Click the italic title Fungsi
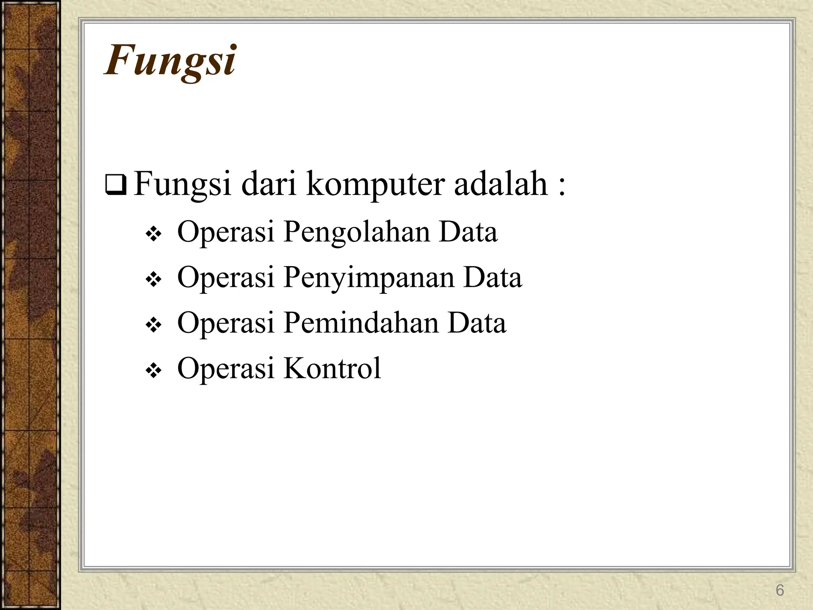click(x=170, y=61)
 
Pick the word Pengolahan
click(x=356, y=233)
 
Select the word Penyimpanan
click(x=368, y=278)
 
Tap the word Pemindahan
click(x=360, y=322)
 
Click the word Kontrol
click(x=332, y=368)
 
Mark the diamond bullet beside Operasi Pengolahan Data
click(x=153, y=235)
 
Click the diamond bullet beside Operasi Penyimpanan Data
click(x=153, y=280)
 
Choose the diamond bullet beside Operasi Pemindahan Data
click(x=153, y=326)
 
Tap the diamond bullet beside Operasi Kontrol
click(x=153, y=371)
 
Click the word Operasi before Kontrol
click(x=225, y=368)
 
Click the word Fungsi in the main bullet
click(x=182, y=185)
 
